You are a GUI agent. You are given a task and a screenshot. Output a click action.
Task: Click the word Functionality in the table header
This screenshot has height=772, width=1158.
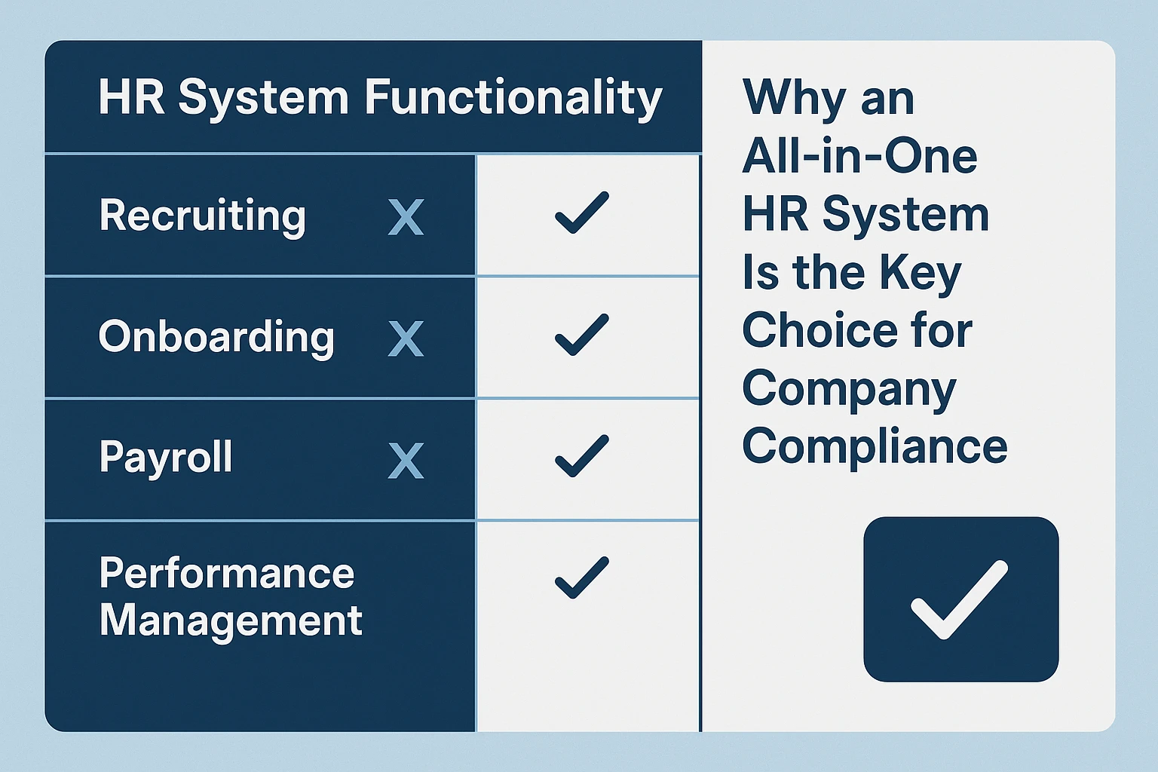[513, 99]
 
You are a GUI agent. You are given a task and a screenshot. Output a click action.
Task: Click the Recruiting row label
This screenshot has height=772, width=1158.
[203, 216]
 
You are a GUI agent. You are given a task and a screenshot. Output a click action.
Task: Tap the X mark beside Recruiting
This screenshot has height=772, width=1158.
[406, 217]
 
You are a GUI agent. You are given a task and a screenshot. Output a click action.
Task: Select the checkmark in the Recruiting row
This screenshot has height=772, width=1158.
[581, 213]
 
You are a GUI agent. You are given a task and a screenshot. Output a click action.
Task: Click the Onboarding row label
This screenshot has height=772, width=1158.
[216, 338]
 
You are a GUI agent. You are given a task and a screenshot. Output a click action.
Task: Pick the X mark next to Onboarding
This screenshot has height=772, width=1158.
[406, 339]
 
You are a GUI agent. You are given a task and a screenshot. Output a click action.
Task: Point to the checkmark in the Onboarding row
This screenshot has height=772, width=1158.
[581, 335]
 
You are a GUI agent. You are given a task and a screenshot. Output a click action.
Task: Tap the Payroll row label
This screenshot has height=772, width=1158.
[166, 458]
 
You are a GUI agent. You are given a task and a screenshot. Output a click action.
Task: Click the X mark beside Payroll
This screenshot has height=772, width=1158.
[406, 460]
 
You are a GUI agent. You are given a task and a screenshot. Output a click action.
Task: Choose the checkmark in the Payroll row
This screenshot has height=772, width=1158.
[581, 455]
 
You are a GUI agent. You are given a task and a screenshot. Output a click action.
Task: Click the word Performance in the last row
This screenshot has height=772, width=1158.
[227, 574]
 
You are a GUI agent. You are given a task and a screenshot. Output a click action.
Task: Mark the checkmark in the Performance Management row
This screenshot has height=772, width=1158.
[581, 577]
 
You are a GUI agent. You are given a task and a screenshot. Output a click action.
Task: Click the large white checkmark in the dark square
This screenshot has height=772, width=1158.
[959, 600]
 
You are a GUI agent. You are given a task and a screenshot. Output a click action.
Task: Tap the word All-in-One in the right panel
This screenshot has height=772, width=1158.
[859, 155]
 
